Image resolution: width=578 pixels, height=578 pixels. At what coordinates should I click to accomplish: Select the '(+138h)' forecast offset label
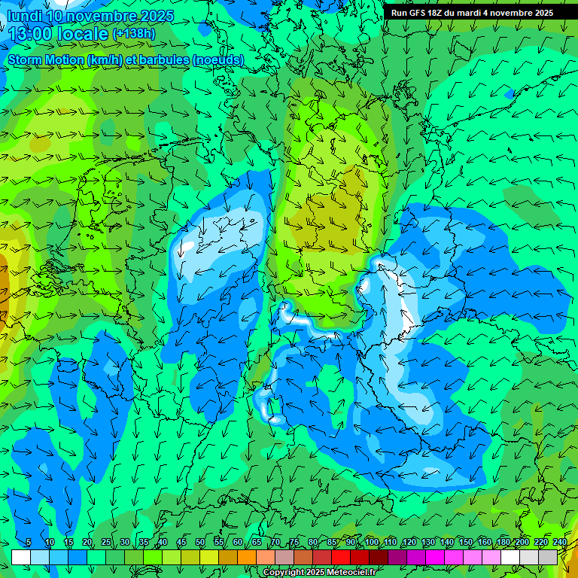pos(135,33)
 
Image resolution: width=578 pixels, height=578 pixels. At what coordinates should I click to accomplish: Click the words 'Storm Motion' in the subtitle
pos(45,59)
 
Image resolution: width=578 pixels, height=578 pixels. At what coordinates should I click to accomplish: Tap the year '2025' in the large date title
pos(155,16)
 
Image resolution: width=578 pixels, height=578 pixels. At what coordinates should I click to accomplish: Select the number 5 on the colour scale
pos(29,543)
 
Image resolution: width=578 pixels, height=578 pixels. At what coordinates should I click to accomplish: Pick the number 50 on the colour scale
pos(200,543)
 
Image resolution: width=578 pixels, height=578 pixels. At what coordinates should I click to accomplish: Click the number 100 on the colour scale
pos(372,543)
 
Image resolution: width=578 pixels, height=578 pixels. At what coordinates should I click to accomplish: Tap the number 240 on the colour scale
pos(559,543)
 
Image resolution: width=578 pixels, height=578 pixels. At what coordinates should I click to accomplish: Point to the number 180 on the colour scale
pos(503,543)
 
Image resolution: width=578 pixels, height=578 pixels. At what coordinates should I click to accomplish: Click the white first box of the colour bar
pos(21,557)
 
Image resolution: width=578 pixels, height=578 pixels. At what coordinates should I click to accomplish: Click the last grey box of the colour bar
pos(548,557)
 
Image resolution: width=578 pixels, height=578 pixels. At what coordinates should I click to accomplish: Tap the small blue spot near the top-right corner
pos(510,94)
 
